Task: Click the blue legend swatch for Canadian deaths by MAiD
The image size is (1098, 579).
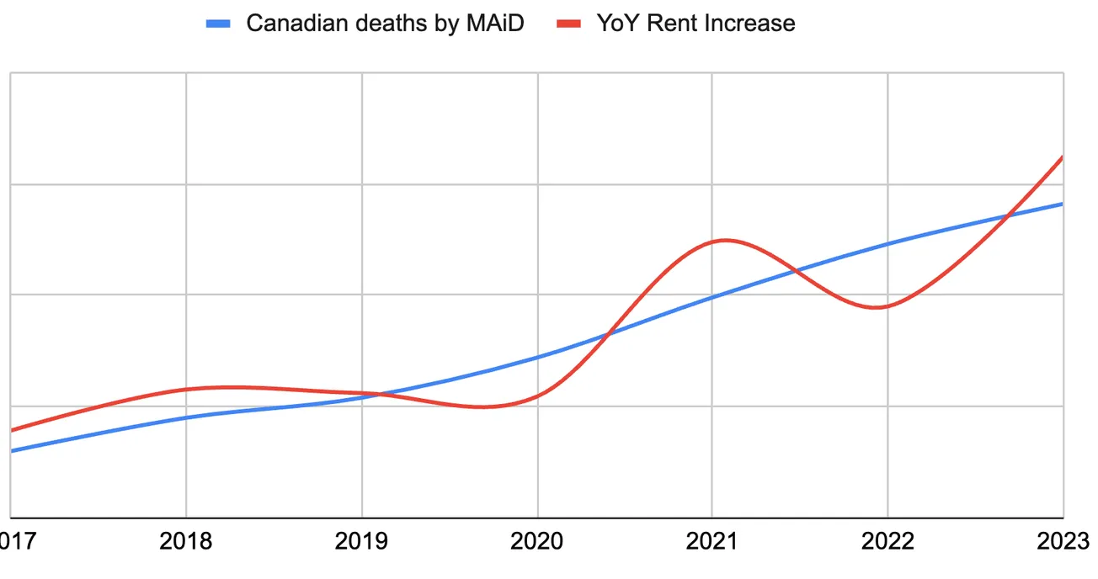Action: point(218,24)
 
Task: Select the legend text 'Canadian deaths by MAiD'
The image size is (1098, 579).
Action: point(385,24)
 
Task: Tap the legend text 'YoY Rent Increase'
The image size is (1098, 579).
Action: point(696,24)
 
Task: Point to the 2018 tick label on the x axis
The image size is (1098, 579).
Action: point(186,541)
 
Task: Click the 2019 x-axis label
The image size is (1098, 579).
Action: point(362,541)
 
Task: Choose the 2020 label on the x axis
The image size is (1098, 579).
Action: point(537,541)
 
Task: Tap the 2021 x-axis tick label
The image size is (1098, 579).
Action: point(712,541)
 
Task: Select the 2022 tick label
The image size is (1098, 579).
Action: point(888,541)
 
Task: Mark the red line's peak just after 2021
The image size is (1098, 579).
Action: point(724,241)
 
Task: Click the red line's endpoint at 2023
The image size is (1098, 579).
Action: point(1063,157)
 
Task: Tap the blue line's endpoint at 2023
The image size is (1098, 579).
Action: point(1063,204)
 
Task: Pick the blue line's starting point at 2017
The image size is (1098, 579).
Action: point(12,451)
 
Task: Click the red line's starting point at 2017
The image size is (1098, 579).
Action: point(12,430)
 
